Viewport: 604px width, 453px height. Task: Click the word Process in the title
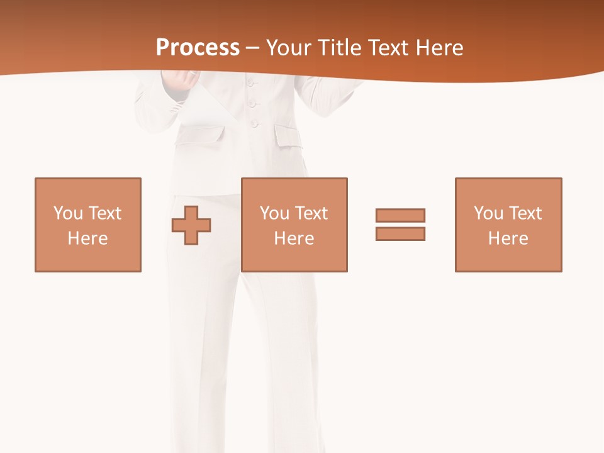pyautogui.click(x=198, y=47)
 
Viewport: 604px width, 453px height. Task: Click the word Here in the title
pyautogui.click(x=441, y=47)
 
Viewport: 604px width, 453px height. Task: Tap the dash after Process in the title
pyautogui.click(x=253, y=48)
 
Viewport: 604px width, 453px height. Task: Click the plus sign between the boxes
pyautogui.click(x=191, y=225)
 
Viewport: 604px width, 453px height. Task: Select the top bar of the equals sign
pyautogui.click(x=400, y=215)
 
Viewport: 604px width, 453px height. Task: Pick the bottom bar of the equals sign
pyautogui.click(x=400, y=233)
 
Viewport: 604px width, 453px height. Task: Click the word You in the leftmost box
pyautogui.click(x=68, y=213)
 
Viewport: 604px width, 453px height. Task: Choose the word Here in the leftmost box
pyautogui.click(x=88, y=238)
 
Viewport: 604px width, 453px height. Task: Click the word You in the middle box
pyautogui.click(x=274, y=213)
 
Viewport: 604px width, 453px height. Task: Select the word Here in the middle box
pyautogui.click(x=294, y=238)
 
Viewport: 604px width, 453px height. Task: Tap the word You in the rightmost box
pyautogui.click(x=488, y=213)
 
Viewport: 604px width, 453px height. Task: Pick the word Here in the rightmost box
pyautogui.click(x=508, y=238)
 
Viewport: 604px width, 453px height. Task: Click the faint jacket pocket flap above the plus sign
pyautogui.click(x=204, y=134)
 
